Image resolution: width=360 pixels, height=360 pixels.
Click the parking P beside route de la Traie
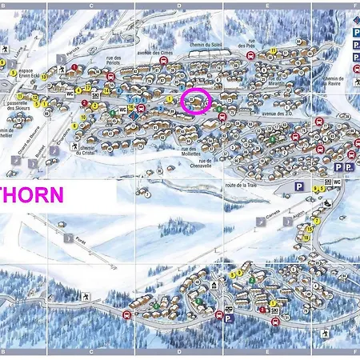point(298,186)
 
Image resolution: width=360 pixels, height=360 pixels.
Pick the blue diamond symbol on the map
point(134,116)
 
